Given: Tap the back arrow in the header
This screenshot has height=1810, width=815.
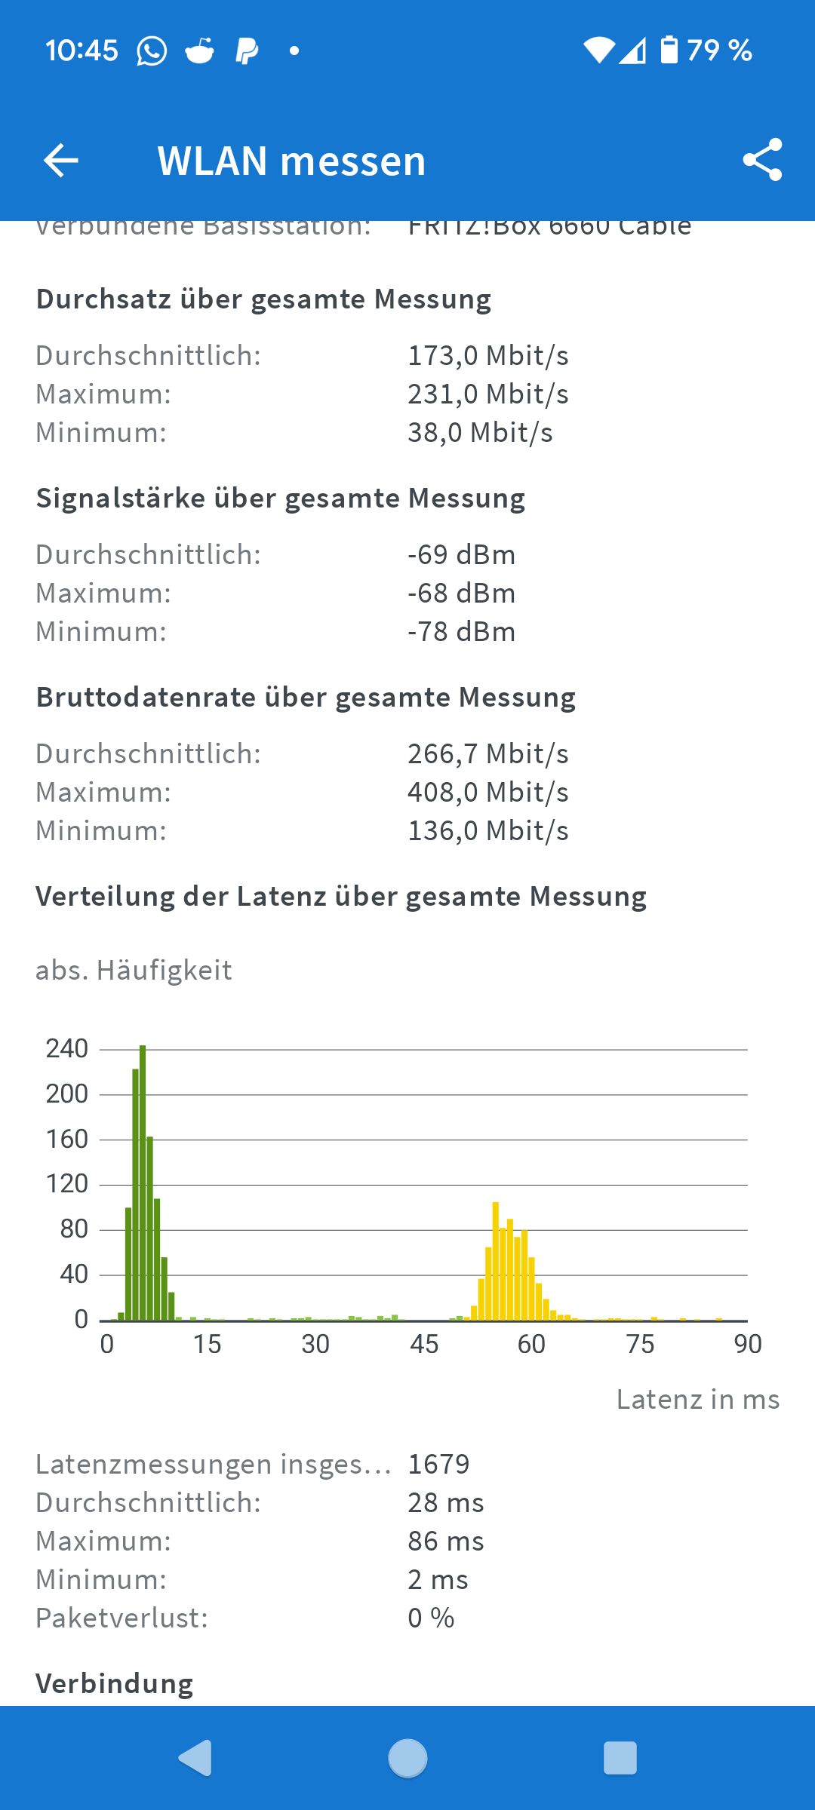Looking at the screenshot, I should [61, 161].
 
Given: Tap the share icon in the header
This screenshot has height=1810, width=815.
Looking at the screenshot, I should [762, 160].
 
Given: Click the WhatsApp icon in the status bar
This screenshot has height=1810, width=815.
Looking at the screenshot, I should [152, 51].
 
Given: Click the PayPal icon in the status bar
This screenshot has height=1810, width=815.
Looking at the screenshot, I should [247, 51].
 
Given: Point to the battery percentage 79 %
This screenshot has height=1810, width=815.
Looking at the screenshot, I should [719, 51].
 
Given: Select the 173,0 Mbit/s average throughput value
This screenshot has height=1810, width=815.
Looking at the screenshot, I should [488, 356].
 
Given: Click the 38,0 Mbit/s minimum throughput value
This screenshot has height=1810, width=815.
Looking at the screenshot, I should [480, 433].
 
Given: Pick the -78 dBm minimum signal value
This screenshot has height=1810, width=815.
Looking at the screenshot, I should [461, 632].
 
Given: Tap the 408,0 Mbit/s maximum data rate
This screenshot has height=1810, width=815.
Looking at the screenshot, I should [488, 793].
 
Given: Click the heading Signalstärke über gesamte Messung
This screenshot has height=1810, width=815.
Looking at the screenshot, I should [281, 499].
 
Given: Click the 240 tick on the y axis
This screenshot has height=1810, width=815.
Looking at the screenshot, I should [67, 1049].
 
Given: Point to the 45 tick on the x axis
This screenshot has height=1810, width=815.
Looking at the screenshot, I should [424, 1344].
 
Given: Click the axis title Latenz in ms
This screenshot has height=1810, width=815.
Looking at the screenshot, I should [697, 1400].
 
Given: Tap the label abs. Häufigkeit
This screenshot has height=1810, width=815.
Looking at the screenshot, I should [134, 971].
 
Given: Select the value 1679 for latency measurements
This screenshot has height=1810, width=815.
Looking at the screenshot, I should [438, 1465].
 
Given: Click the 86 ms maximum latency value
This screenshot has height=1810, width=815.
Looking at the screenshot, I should [445, 1542].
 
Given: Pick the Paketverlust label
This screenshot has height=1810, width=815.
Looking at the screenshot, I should [121, 1618].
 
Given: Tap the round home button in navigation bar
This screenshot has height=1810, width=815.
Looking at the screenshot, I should [407, 1758].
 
